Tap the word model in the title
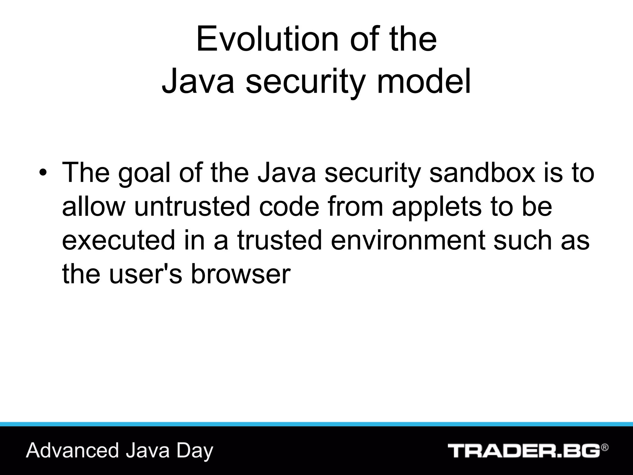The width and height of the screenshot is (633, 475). pos(424,81)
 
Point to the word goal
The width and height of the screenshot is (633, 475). pos(144,173)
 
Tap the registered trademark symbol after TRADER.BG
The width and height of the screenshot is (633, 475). pos(605,447)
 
